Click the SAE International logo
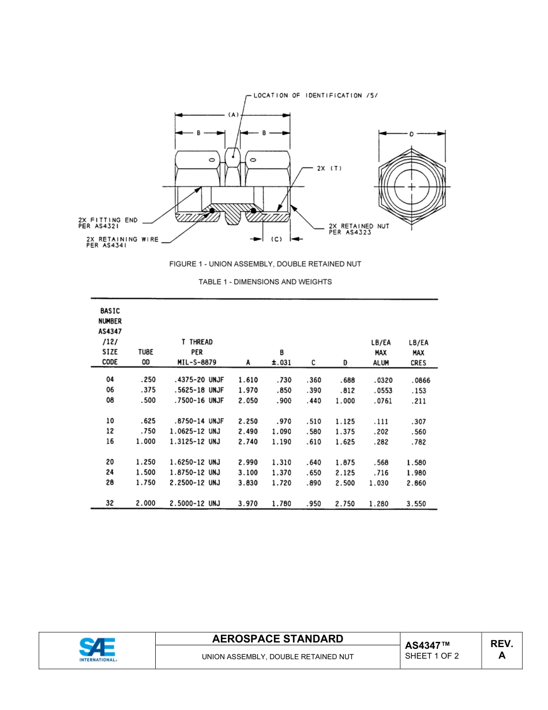pyautogui.click(x=97, y=650)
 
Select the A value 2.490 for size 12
pyautogui.click(x=248, y=431)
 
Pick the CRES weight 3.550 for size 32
pyautogui.click(x=416, y=503)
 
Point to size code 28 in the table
pyautogui.click(x=110, y=483)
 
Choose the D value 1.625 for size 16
pyautogui.click(x=345, y=442)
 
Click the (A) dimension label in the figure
pyautogui.click(x=233, y=115)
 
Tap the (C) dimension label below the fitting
pyautogui.click(x=276, y=239)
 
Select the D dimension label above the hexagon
pyautogui.click(x=411, y=134)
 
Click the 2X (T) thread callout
pyautogui.click(x=329, y=169)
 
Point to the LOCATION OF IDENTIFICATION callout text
pyautogui.click(x=316, y=95)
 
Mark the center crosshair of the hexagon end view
pyautogui.click(x=411, y=188)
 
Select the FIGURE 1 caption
pyautogui.click(x=265, y=264)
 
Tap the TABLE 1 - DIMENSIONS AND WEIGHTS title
pyautogui.click(x=265, y=282)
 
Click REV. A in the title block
pyautogui.click(x=501, y=649)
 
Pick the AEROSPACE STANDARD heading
pyautogui.click(x=277, y=639)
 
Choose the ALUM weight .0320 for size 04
pyautogui.click(x=382, y=380)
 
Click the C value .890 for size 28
pyautogui.click(x=313, y=483)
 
